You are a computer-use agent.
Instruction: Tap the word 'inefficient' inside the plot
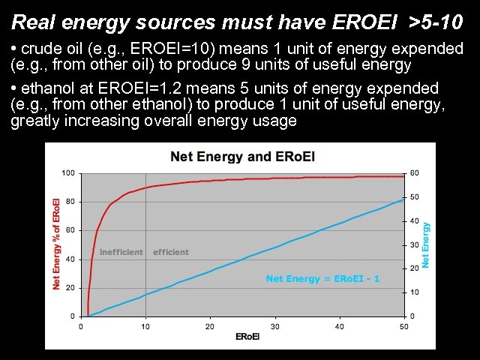click(121, 252)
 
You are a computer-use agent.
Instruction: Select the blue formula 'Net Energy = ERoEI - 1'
click(322, 279)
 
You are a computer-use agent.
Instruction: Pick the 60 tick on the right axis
click(414, 173)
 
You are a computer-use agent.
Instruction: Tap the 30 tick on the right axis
click(414, 244)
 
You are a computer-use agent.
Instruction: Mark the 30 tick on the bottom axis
click(274, 326)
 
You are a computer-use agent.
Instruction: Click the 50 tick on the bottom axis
click(404, 326)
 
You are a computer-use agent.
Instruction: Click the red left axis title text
click(56, 244)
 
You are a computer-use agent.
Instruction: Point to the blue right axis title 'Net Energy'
click(426, 244)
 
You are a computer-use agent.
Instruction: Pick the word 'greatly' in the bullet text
click(36, 121)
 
